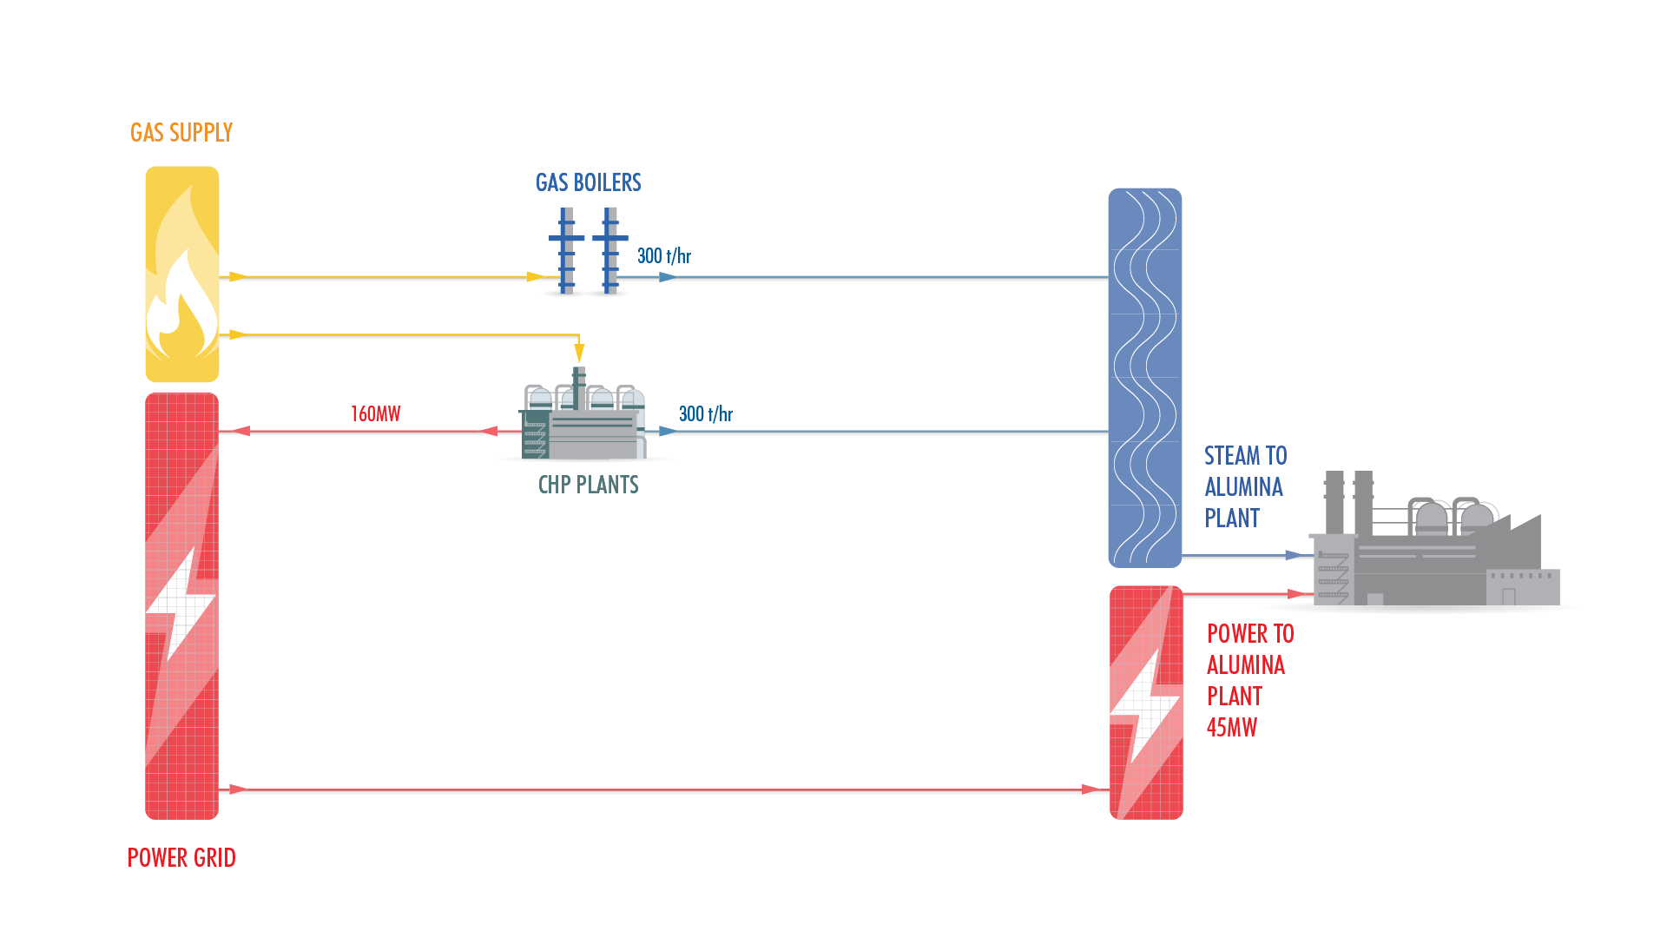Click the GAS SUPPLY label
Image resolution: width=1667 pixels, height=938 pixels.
(181, 133)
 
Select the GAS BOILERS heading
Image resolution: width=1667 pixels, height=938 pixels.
(588, 182)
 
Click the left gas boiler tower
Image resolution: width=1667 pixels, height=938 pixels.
(566, 251)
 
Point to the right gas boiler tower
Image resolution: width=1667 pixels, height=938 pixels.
(610, 251)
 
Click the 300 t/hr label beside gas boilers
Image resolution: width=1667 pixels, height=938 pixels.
(664, 255)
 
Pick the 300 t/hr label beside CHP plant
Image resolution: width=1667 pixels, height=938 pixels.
(705, 414)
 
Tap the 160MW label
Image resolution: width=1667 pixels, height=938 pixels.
(375, 414)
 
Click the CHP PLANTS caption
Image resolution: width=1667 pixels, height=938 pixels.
(588, 485)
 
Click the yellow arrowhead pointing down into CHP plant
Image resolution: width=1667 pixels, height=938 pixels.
(579, 353)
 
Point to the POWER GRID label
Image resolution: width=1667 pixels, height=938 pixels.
(181, 858)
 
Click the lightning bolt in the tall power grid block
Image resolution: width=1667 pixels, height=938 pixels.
(180, 608)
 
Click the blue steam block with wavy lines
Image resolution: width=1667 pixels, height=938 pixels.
(1144, 378)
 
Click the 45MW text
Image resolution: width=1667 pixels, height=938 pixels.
(1231, 728)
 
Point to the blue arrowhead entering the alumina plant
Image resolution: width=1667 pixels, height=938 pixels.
(1296, 556)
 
